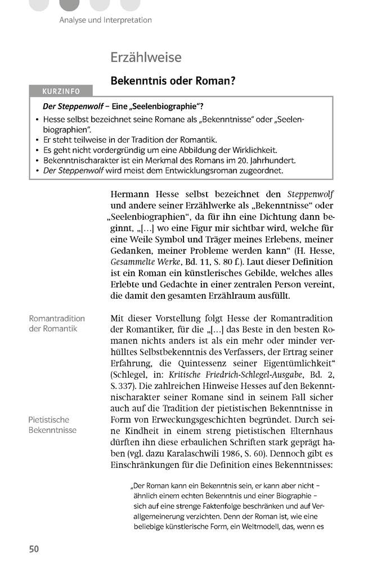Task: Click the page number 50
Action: (34, 549)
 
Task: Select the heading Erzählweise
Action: (146, 57)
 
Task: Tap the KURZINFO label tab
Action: (61, 91)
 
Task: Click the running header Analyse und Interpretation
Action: (105, 20)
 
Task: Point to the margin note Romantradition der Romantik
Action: (56, 324)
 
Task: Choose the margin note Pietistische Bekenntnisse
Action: (52, 425)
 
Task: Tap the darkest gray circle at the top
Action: (69, 5)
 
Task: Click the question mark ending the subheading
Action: (231, 81)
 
